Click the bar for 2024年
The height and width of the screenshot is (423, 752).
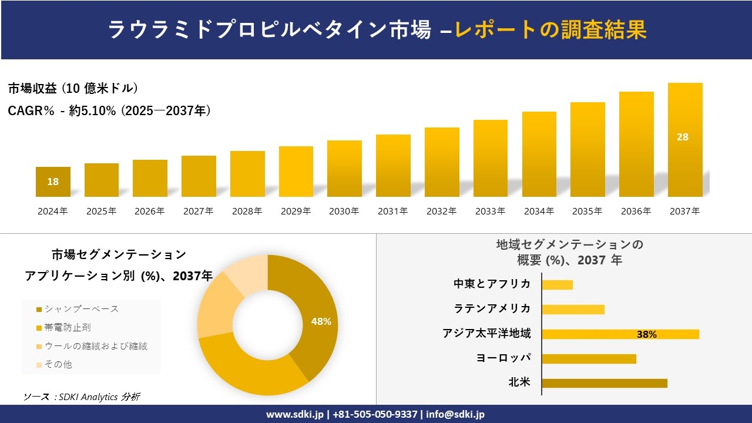[53, 182]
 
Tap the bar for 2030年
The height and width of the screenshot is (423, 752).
[344, 169]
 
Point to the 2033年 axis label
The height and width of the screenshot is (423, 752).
[490, 211]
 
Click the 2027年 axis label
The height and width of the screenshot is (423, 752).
[198, 211]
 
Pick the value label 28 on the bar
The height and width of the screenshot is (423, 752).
[683, 137]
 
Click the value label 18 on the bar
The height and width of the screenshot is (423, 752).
[53, 182]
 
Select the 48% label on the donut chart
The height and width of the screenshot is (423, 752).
[321, 321]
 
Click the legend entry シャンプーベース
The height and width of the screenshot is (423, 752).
[81, 309]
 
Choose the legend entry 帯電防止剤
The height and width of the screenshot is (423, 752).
[68, 327]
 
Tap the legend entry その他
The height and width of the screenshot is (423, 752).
[58, 364]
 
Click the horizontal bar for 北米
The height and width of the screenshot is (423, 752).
[604, 383]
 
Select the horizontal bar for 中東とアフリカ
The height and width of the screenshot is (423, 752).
[557, 285]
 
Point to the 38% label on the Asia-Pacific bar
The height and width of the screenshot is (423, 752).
[646, 334]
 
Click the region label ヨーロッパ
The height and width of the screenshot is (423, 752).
[503, 358]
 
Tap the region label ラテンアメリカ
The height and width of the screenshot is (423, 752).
[492, 308]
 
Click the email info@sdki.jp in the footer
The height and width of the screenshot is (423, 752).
[455, 414]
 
